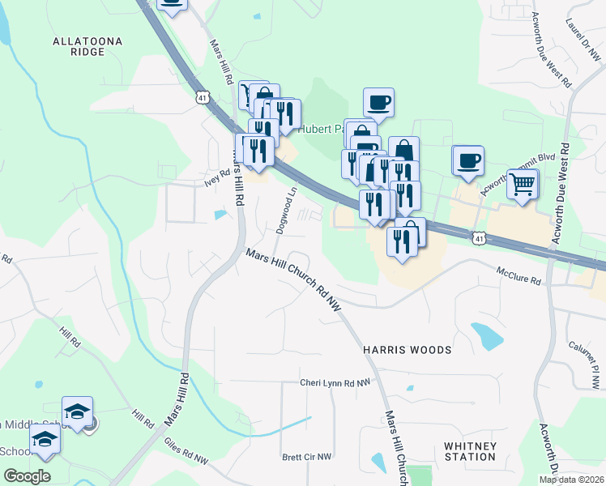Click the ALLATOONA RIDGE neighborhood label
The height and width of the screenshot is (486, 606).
(79, 45)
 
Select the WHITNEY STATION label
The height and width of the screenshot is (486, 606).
(470, 451)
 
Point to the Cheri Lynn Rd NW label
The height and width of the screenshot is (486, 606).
(335, 382)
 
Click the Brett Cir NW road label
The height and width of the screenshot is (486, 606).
(307, 457)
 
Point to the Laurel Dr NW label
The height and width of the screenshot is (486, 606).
(582, 40)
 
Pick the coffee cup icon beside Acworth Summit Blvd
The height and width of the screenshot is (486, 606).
(467, 160)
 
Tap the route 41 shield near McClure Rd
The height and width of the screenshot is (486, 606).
(480, 238)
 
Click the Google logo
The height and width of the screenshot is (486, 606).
(27, 476)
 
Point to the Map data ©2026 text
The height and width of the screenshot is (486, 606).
(572, 480)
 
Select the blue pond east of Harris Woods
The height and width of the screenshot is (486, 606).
(486, 335)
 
